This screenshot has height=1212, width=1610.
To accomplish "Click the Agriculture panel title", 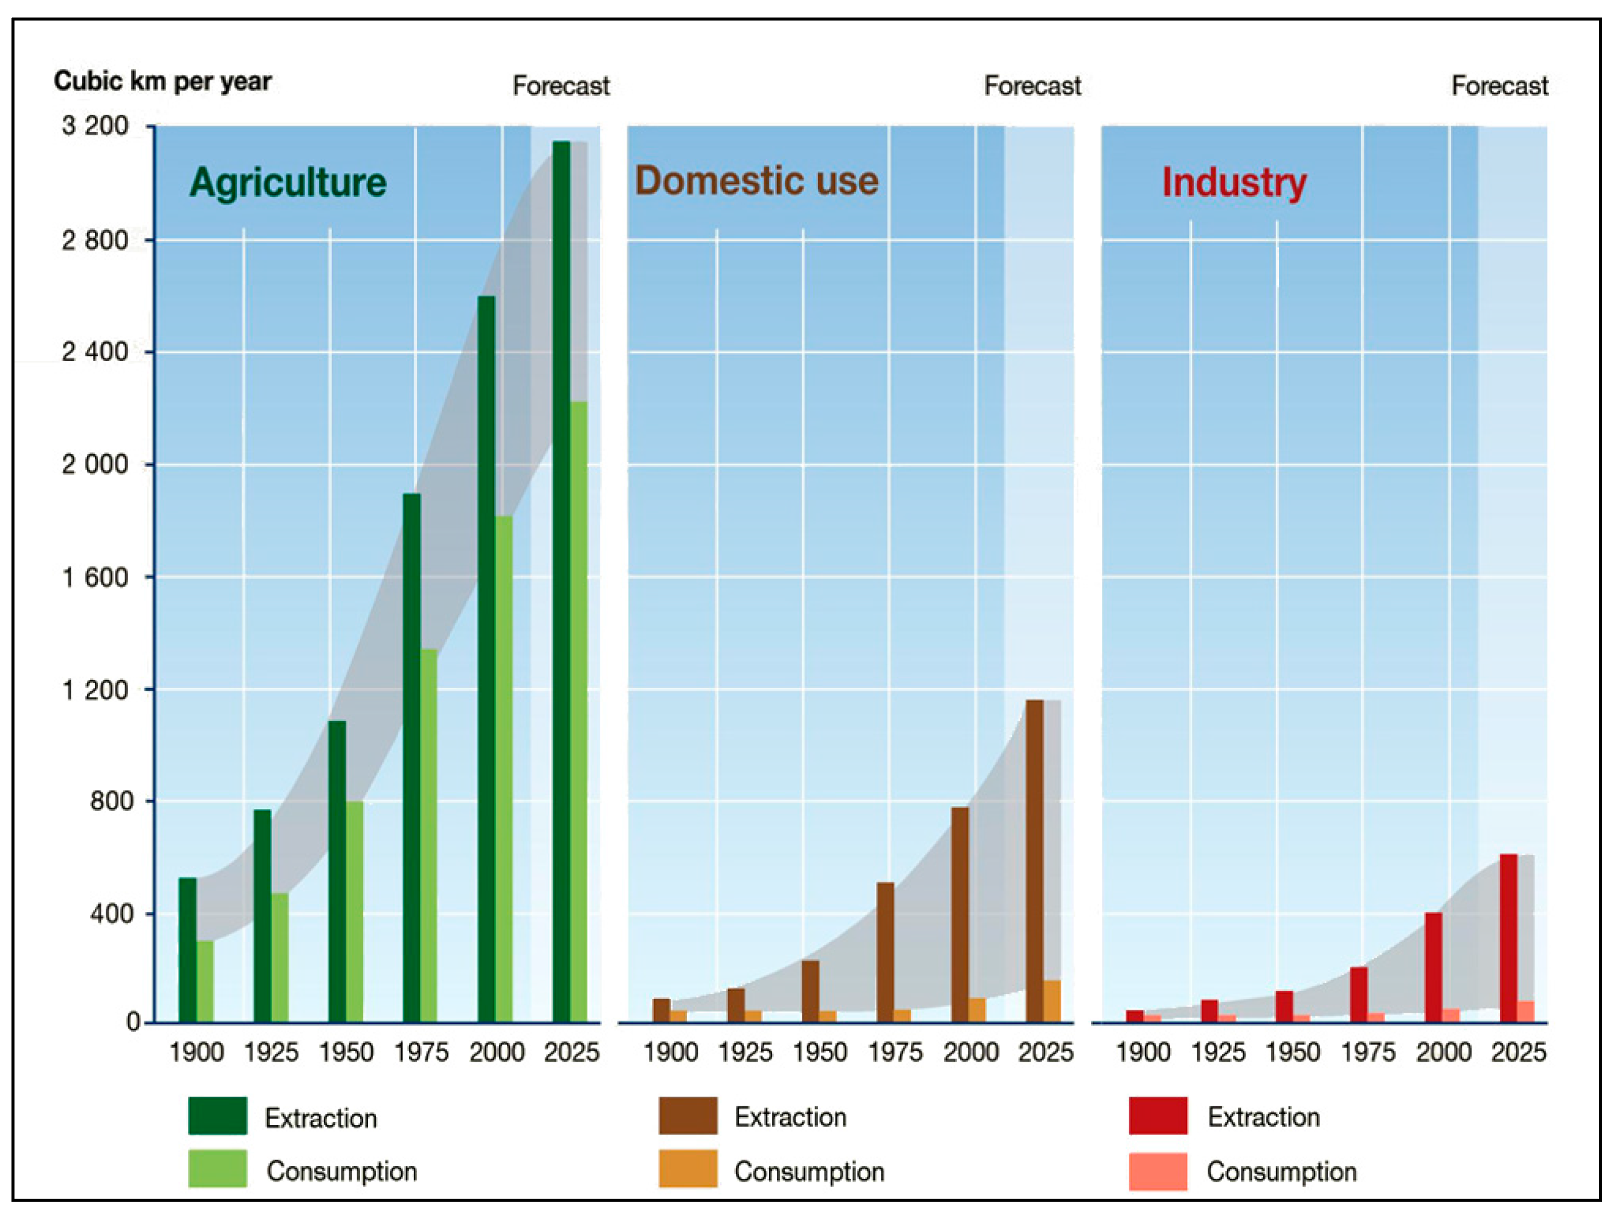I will click(288, 182).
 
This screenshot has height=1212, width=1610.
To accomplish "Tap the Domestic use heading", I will click(756, 181).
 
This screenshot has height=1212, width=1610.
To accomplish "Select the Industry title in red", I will click(1234, 182).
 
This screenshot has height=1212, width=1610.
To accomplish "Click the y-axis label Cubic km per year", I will click(163, 82).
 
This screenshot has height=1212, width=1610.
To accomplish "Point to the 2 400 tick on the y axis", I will click(95, 352).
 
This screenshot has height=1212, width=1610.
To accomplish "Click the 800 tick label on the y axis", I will click(111, 801).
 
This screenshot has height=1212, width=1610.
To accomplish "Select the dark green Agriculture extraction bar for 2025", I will click(561, 582).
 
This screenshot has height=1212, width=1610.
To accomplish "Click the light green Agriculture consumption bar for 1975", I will click(429, 836).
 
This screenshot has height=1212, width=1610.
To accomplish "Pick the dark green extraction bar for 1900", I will click(187, 949).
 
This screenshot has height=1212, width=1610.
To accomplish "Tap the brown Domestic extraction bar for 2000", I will click(959, 914).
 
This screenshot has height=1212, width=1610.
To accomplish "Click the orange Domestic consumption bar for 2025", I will click(1052, 1001).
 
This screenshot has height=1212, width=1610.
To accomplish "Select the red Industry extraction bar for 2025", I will click(1509, 938).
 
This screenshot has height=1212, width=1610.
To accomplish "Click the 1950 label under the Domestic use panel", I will click(820, 1053).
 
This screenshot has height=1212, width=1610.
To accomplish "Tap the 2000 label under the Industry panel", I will click(1443, 1053).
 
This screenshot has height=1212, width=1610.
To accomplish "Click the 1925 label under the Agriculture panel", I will click(271, 1053).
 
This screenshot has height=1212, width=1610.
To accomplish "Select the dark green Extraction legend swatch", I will click(217, 1116).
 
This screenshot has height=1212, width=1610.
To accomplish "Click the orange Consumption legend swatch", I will click(688, 1169).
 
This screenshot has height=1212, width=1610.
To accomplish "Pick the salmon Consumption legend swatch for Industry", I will click(1158, 1170).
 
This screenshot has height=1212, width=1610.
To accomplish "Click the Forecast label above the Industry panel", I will click(1499, 86).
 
